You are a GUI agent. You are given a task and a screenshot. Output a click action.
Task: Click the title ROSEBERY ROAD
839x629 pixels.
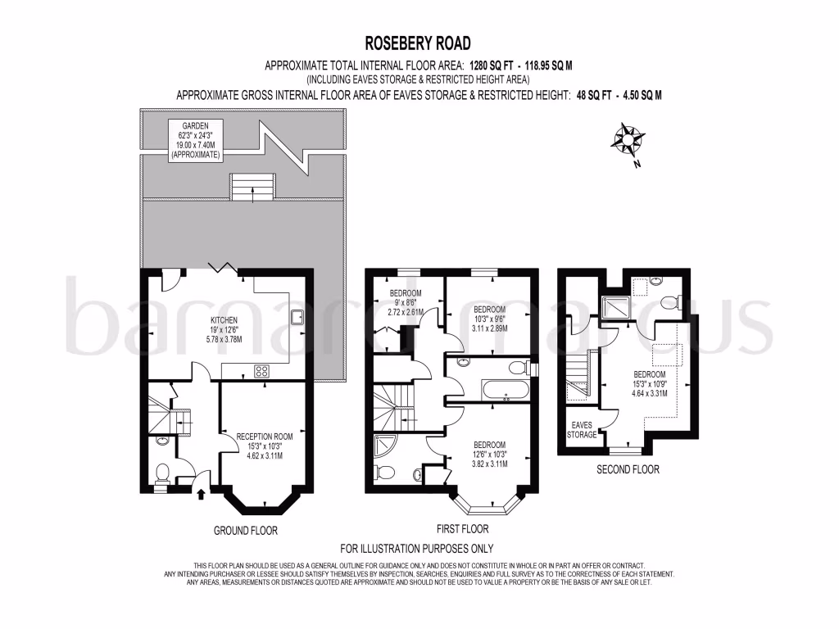pyautogui.click(x=419, y=43)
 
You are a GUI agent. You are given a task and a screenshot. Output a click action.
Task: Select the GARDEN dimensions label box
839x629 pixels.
pyautogui.click(x=196, y=141)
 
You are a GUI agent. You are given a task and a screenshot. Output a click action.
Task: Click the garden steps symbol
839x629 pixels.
pyautogui.click(x=253, y=187)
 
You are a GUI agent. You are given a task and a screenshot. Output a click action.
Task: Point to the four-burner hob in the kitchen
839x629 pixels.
pyautogui.click(x=263, y=371)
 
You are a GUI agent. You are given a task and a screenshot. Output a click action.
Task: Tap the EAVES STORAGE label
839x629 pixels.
pyautogui.click(x=583, y=429)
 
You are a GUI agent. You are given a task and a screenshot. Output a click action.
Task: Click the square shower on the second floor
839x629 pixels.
pyautogui.click(x=611, y=307)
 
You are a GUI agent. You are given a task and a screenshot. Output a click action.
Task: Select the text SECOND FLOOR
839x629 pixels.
pyautogui.click(x=627, y=470)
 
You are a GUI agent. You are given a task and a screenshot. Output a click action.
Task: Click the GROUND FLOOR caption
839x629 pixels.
pyautogui.click(x=246, y=531)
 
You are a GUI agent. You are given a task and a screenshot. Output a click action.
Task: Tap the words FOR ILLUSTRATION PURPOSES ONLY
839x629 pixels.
pyautogui.click(x=417, y=549)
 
